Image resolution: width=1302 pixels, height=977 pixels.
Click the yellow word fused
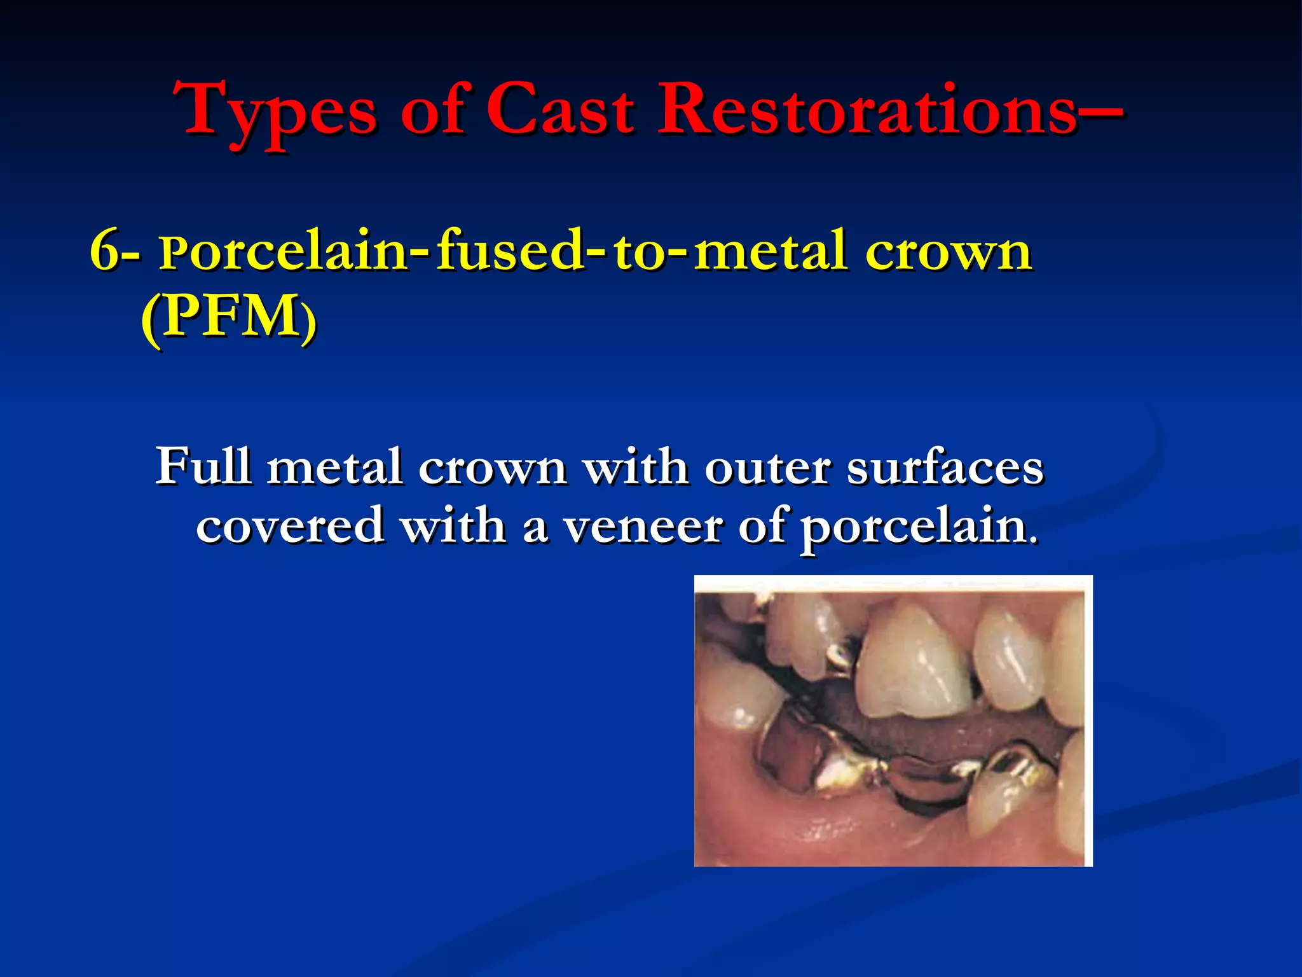pos(509,251)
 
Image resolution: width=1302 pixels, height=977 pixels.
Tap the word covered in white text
pos(289,526)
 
